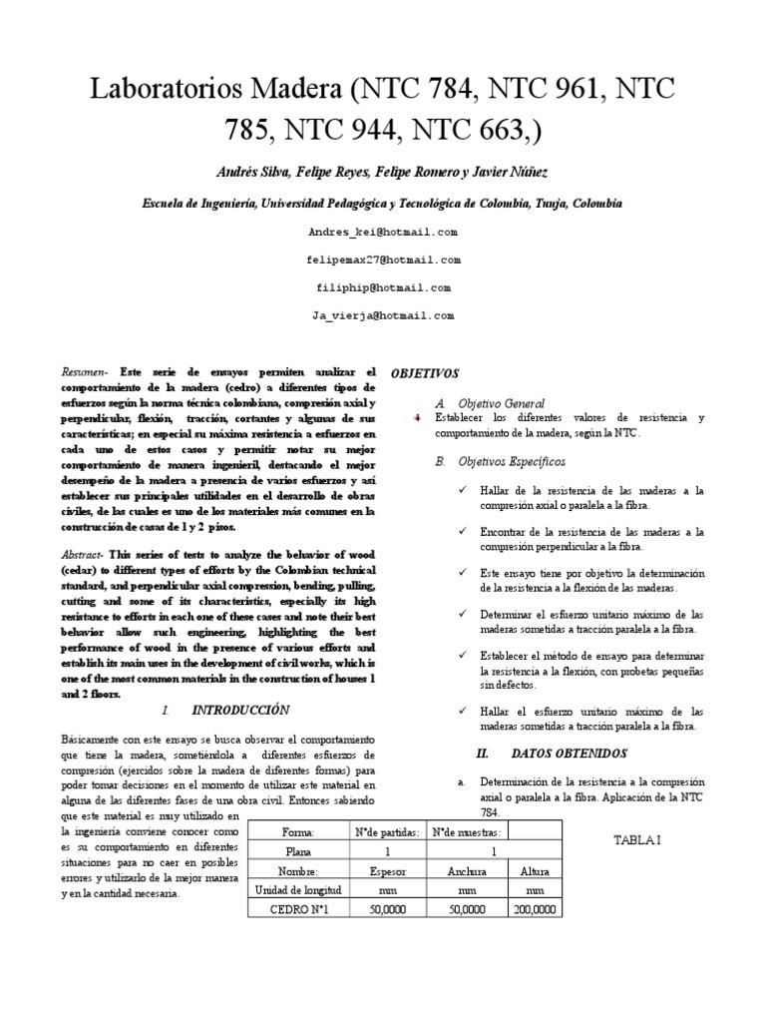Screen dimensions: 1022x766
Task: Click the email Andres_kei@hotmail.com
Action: pyautogui.click(x=383, y=232)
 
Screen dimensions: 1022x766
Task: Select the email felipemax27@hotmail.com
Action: pyautogui.click(x=383, y=259)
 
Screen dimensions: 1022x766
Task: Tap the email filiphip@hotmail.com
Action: pyautogui.click(x=383, y=287)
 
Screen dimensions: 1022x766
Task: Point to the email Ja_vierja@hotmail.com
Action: pyautogui.click(x=383, y=315)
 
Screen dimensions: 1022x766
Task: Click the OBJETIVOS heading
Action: pyautogui.click(x=424, y=373)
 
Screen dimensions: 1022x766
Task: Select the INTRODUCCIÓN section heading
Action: pyautogui.click(x=239, y=710)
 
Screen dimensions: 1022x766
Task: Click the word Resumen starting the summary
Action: pyautogui.click(x=84, y=369)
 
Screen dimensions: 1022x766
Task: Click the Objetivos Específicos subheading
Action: pyautogui.click(x=512, y=462)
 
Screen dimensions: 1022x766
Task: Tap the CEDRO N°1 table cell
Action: pyautogui.click(x=297, y=909)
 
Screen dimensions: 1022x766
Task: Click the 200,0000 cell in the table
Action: pyautogui.click(x=536, y=909)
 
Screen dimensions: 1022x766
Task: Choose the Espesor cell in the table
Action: pyautogui.click(x=387, y=870)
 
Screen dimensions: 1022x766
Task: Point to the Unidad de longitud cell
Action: pyautogui.click(x=297, y=889)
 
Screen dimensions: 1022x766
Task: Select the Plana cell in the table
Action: pyautogui.click(x=297, y=851)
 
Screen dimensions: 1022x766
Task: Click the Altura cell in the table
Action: pyautogui.click(x=536, y=870)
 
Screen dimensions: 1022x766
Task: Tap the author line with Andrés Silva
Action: pyautogui.click(x=383, y=172)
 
